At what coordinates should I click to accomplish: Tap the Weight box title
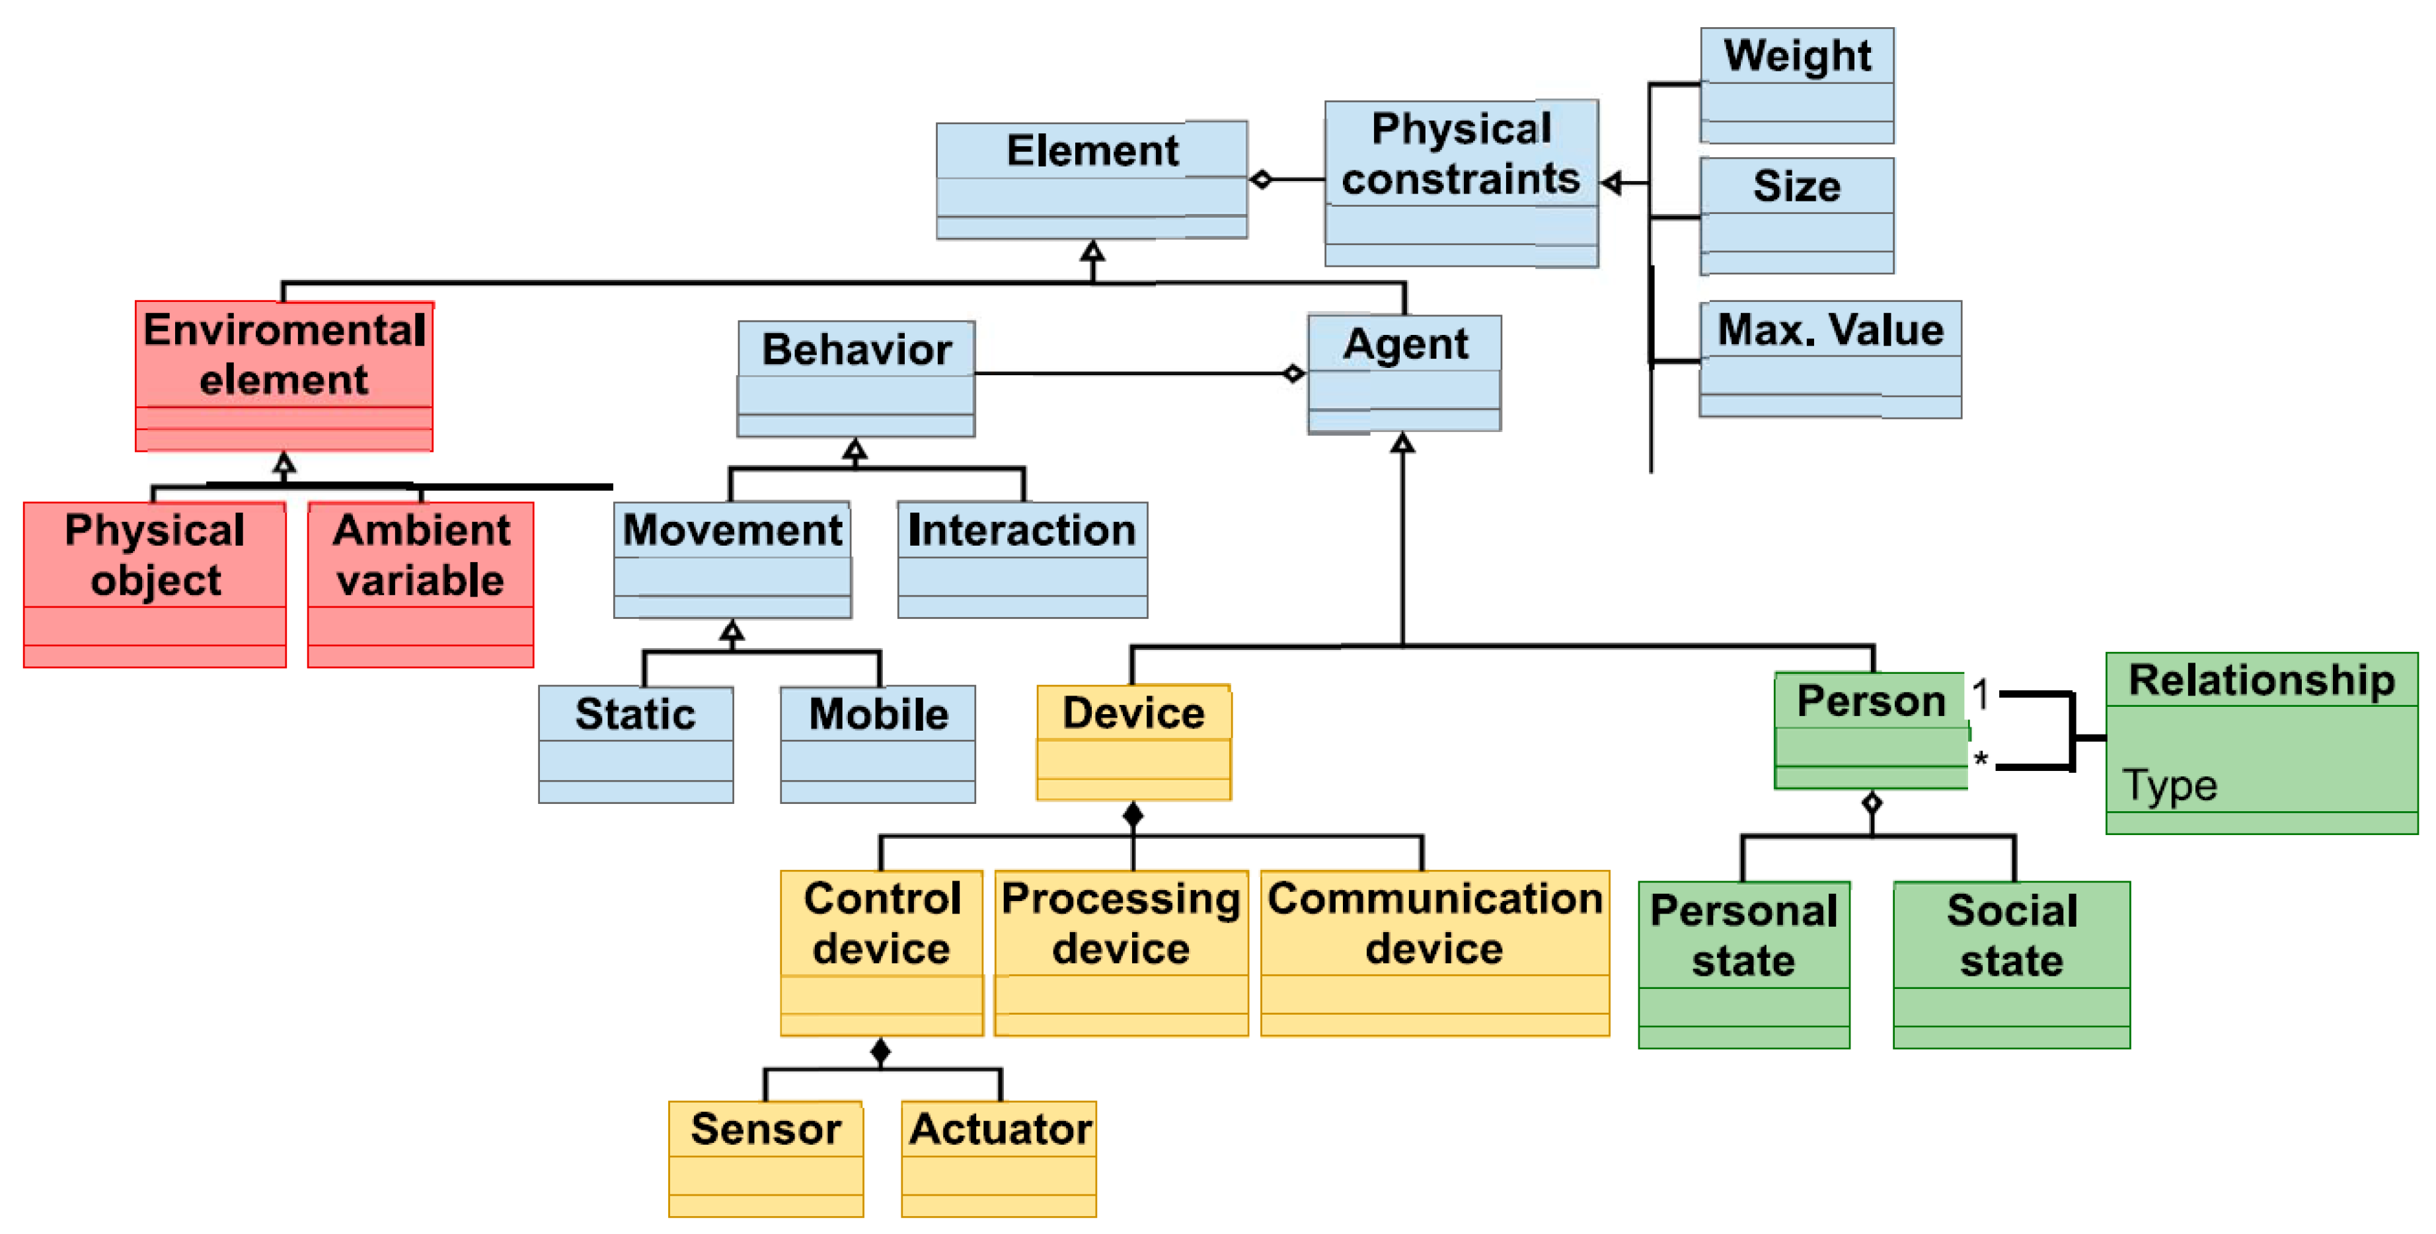click(1797, 55)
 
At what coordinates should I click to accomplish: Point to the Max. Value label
click(1830, 329)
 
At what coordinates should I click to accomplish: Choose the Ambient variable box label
click(421, 554)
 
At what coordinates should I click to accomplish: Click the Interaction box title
click(1021, 530)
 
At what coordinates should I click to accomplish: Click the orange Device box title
click(1133, 712)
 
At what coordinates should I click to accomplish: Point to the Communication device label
click(1435, 923)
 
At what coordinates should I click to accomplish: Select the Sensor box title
click(765, 1128)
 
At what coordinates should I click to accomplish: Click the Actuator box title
click(999, 1128)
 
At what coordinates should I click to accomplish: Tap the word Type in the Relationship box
click(2169, 785)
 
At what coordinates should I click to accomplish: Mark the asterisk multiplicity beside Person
click(1980, 759)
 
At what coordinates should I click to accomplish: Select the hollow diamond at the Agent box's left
click(1293, 373)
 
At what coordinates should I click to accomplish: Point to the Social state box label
click(2012, 935)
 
